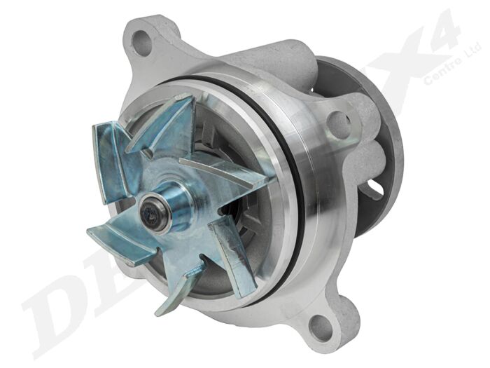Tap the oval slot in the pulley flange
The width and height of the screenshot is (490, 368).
pyautogui.click(x=375, y=188)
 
